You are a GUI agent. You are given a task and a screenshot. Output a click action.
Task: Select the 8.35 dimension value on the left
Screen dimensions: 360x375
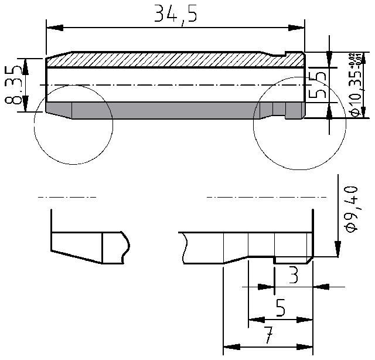click(13, 84)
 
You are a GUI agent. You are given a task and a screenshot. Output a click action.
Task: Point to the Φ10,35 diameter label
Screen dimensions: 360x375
click(355, 94)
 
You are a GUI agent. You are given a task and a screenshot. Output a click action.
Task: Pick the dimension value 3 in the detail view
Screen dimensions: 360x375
click(293, 274)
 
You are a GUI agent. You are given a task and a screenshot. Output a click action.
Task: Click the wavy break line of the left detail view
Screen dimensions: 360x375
click(125, 246)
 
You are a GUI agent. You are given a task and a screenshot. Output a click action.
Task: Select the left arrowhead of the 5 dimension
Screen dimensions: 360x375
click(254, 320)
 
